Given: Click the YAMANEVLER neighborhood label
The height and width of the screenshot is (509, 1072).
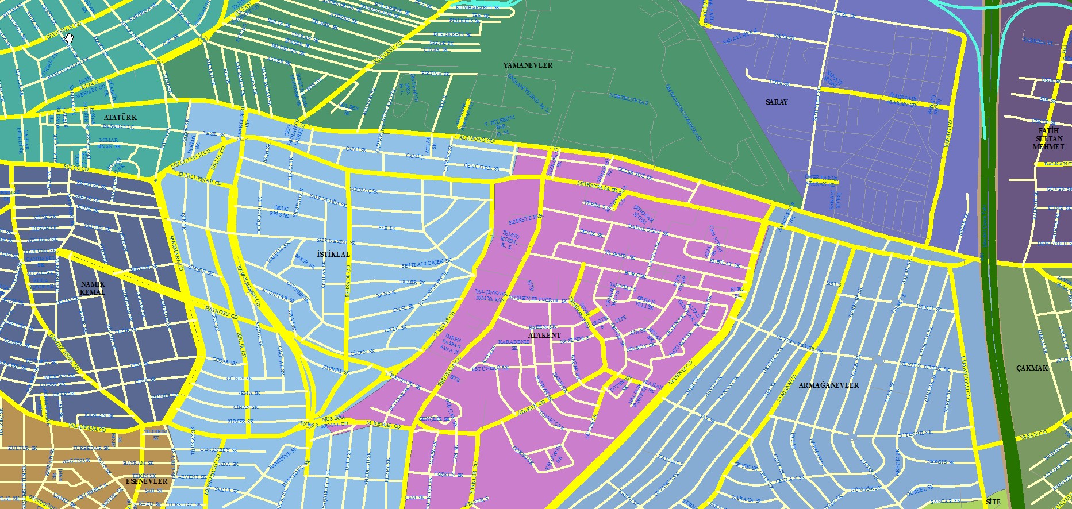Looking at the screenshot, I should point(528,65).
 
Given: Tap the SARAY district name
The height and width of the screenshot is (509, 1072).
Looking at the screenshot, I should point(777,102).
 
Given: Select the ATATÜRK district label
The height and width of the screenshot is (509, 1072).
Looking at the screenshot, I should point(120,118).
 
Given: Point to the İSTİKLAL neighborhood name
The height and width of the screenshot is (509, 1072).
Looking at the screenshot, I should point(333,254).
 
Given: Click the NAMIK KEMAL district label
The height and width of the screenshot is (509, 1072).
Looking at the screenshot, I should point(93,288).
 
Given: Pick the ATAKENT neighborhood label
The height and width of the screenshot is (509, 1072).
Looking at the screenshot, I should point(544,335).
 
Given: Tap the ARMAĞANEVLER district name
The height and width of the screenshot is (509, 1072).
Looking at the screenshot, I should point(828,385).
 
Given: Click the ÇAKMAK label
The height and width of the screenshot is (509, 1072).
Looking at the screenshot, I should point(1032,368).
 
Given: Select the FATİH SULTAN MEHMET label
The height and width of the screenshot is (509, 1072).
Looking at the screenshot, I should point(1048,139).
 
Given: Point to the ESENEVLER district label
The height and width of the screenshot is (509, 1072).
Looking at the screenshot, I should point(147,481).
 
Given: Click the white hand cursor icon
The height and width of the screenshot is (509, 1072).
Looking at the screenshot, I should point(69,38).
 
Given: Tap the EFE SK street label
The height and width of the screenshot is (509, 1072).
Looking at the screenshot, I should point(386,229).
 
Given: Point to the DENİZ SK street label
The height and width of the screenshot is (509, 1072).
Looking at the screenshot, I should point(591,233).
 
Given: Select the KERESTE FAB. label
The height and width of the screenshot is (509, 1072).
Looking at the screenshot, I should point(525,219).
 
